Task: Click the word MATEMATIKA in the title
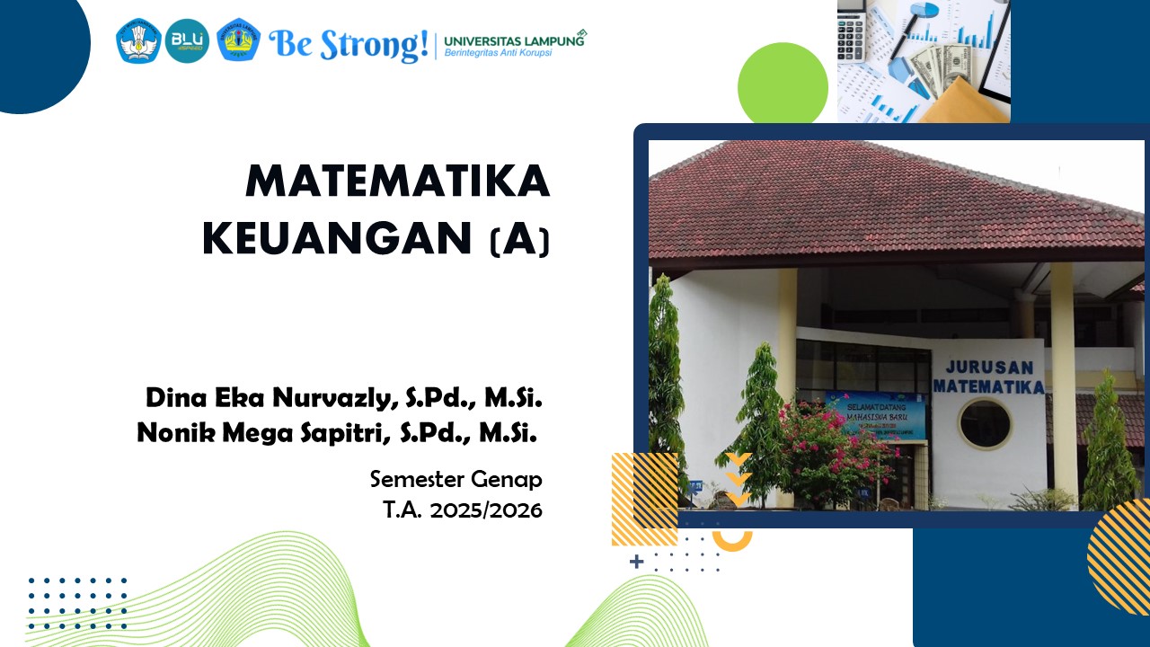point(397,182)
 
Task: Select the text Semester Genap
point(456,479)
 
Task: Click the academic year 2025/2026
point(485,510)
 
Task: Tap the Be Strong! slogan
point(349,43)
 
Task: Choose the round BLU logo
point(187,41)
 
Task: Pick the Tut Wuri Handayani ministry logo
point(138,41)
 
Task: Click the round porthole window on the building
point(985,424)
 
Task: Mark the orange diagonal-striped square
point(644,499)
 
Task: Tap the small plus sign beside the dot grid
point(637,562)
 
